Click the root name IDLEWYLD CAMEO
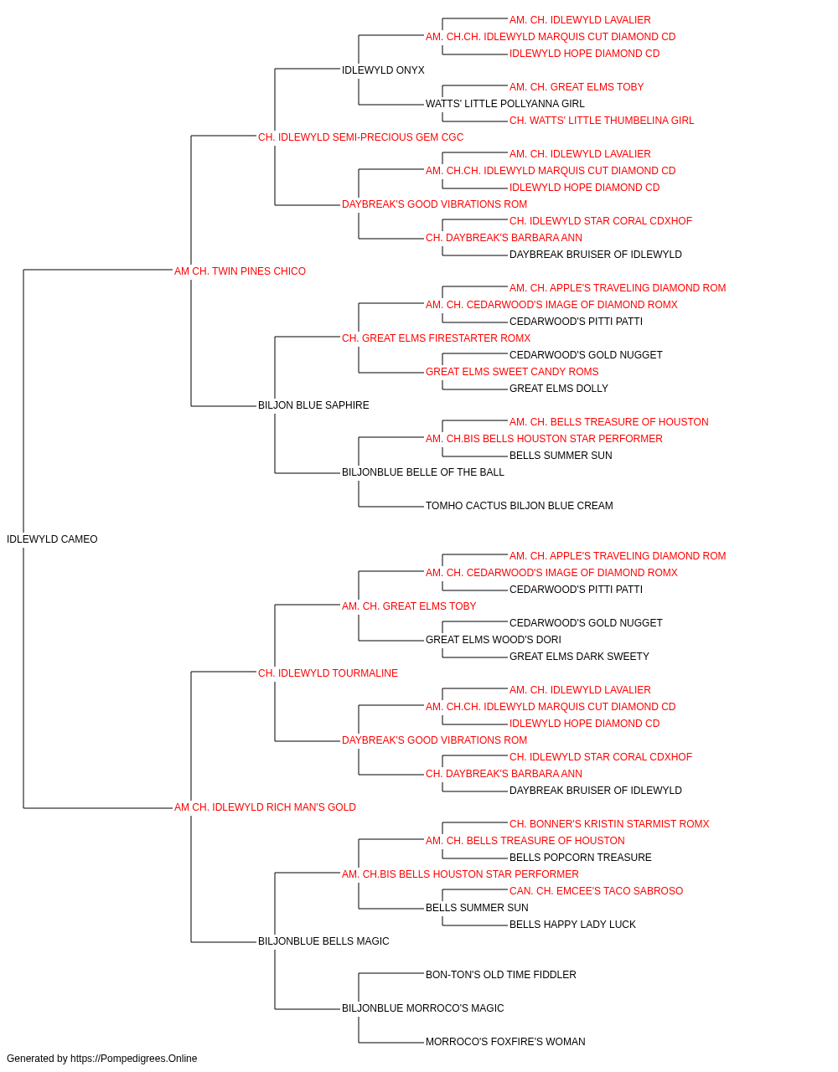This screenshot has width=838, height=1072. click(x=52, y=539)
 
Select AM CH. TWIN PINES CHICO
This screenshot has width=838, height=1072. click(x=240, y=271)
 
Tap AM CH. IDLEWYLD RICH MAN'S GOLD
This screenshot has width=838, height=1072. click(x=265, y=807)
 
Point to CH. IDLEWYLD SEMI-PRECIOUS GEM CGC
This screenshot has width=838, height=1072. click(x=361, y=137)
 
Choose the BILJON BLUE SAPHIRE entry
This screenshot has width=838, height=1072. click(x=313, y=405)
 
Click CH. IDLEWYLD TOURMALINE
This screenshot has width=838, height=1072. click(x=328, y=673)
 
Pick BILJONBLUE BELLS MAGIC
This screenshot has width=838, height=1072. click(x=323, y=941)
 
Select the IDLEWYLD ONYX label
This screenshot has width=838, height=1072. click(x=383, y=70)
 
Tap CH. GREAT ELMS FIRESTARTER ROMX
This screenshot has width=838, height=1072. click(x=437, y=338)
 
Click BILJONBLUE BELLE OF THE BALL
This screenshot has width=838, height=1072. click(x=423, y=472)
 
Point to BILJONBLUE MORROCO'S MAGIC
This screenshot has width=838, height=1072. click(x=423, y=1008)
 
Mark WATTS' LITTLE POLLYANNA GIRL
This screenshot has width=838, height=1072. click(x=504, y=104)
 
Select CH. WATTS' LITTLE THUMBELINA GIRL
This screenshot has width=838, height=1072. click(x=602, y=121)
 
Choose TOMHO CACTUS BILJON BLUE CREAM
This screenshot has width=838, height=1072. click(x=520, y=506)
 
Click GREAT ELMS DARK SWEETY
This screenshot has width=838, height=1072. click(x=579, y=657)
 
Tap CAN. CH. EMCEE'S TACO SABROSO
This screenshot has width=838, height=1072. click(x=596, y=891)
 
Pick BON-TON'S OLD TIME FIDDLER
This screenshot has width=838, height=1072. click(x=501, y=975)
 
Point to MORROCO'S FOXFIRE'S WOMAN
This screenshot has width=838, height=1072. click(x=505, y=1042)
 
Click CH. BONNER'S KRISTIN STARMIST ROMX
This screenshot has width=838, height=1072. click(x=609, y=824)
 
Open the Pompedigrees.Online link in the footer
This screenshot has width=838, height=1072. click(x=133, y=1059)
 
